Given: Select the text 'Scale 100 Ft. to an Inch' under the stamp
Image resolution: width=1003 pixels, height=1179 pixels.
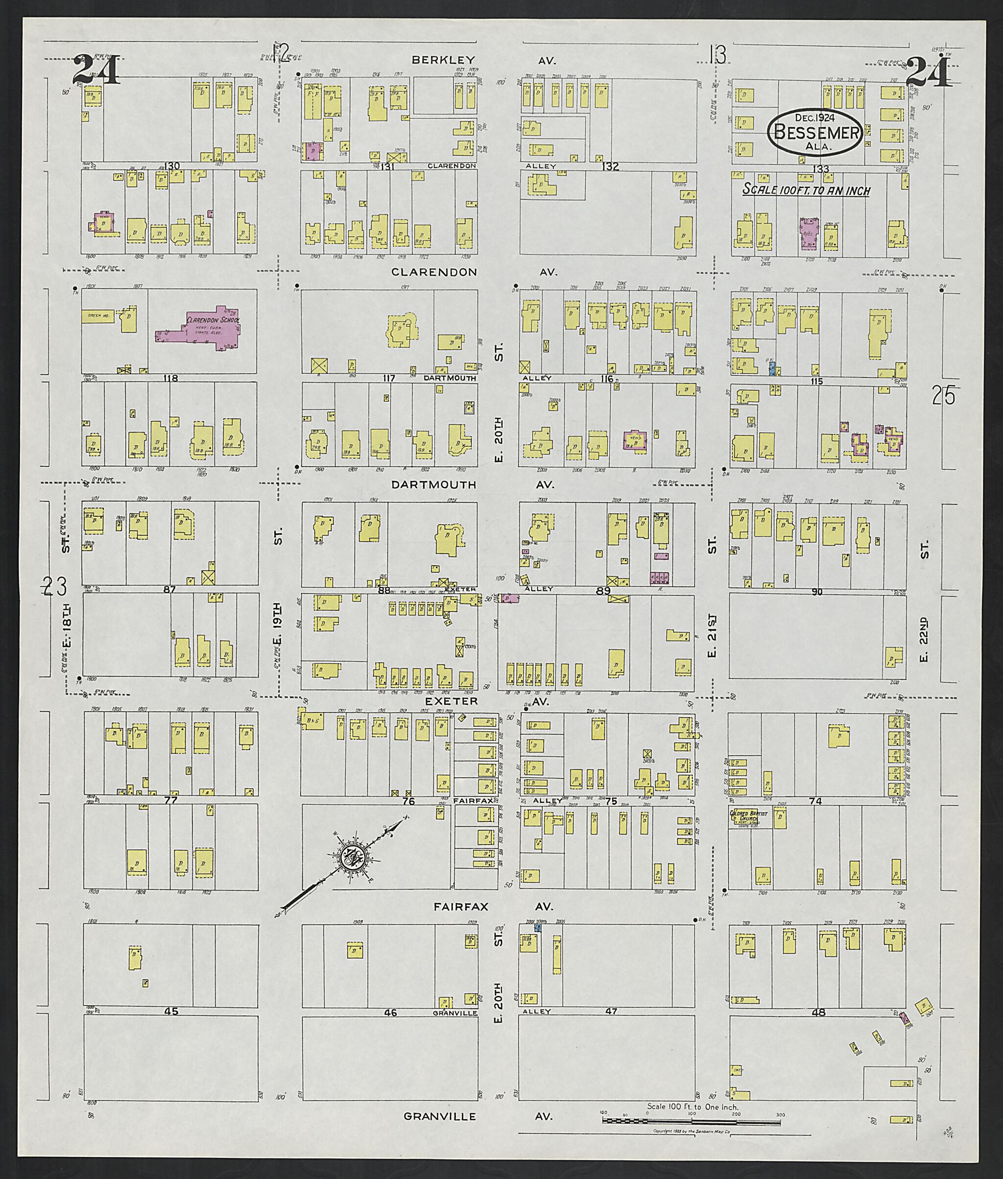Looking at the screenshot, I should point(806,190).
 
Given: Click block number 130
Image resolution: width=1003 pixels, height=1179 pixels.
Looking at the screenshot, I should point(172,166).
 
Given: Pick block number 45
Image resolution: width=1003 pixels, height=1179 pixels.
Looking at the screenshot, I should point(170,1011).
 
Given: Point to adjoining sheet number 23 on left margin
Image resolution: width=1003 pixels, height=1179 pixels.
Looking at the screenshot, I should point(56,585).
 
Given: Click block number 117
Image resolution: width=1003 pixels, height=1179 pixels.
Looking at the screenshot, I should point(389,378).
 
